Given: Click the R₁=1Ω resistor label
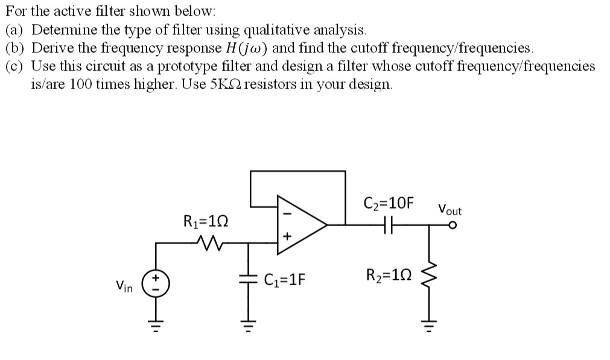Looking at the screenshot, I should pyautogui.click(x=205, y=221).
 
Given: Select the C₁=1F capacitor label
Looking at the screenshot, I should pyautogui.click(x=285, y=279).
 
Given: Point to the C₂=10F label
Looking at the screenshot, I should pyautogui.click(x=390, y=203).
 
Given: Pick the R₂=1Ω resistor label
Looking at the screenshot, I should pyautogui.click(x=388, y=277).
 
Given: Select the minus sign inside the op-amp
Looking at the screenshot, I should pyautogui.click(x=287, y=212).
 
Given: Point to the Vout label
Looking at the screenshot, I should pyautogui.click(x=450, y=210).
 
